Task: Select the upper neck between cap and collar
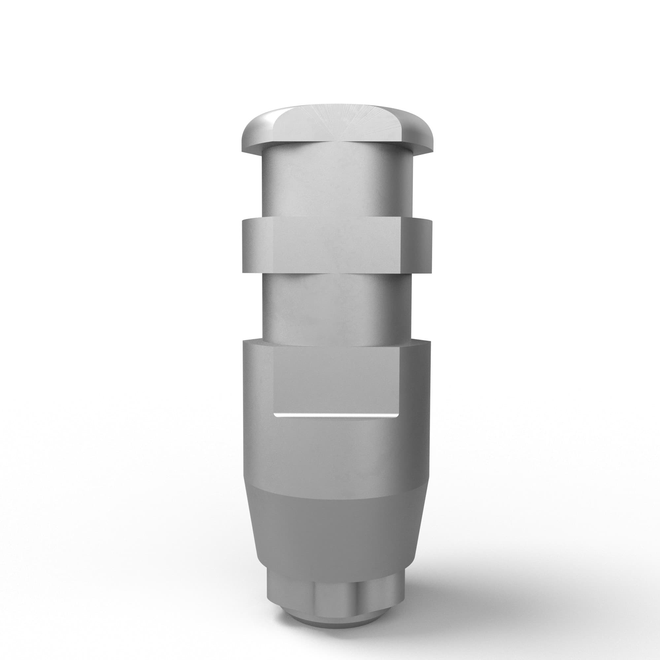[x=337, y=184]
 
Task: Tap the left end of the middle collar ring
[x=249, y=246]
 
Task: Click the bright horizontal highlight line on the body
[x=337, y=416]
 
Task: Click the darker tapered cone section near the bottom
[x=337, y=533]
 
